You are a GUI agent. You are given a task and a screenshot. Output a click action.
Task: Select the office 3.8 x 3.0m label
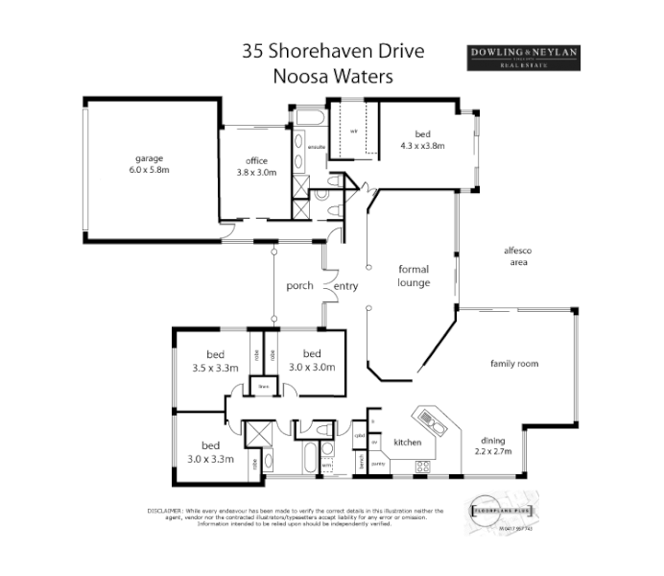tap(256, 166)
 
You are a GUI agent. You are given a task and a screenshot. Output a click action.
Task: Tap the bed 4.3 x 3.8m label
tap(422, 140)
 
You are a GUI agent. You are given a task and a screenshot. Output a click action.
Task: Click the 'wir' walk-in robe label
tap(353, 131)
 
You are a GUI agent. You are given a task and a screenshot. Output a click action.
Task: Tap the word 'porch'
tap(301, 285)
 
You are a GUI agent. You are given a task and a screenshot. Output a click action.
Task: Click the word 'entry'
tap(345, 285)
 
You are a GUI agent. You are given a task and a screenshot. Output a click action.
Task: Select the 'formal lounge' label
tap(414, 276)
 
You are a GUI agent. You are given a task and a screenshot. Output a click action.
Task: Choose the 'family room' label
tap(514, 364)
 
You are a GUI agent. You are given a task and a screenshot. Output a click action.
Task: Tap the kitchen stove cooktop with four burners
tap(422, 466)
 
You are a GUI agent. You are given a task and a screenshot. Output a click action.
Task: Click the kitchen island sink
tap(428, 419)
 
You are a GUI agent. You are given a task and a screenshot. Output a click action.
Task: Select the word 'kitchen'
tap(409, 443)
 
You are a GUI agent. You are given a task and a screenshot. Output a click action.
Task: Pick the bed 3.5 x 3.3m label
tap(214, 361)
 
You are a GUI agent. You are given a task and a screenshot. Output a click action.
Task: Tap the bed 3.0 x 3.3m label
tap(211, 451)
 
